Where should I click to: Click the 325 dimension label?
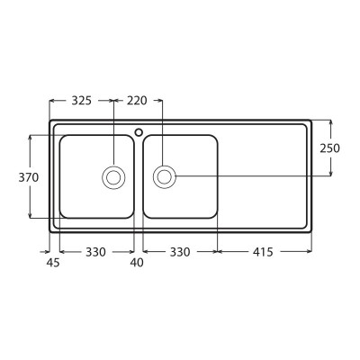point(81,101)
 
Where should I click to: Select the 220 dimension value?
point(137,101)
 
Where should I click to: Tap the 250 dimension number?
point(329,148)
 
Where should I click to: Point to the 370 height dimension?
point(29,177)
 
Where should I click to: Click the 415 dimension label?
point(263,252)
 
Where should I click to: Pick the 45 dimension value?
point(53,263)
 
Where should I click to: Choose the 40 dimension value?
point(137,263)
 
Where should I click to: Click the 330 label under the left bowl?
point(95,252)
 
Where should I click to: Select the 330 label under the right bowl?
point(180,252)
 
